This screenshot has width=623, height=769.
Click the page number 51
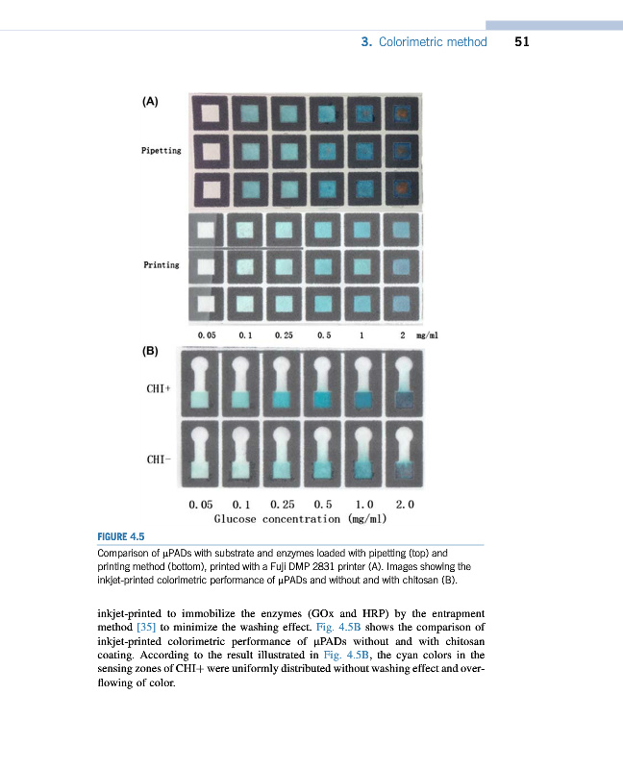[x=523, y=42]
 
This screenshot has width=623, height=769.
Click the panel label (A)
[x=150, y=100]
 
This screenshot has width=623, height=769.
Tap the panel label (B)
[x=150, y=352]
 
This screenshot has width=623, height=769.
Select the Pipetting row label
[x=161, y=151]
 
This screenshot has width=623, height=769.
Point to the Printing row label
[x=162, y=264]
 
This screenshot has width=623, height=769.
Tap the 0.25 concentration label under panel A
[x=284, y=335]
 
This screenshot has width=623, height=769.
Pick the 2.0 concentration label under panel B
[x=406, y=504]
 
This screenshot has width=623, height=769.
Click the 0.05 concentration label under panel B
[x=201, y=504]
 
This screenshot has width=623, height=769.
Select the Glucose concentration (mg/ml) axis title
[x=300, y=519]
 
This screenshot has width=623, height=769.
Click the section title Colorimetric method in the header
[x=433, y=42]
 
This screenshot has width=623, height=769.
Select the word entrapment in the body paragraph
[x=440, y=613]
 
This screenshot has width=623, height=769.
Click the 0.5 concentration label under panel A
[x=324, y=335]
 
